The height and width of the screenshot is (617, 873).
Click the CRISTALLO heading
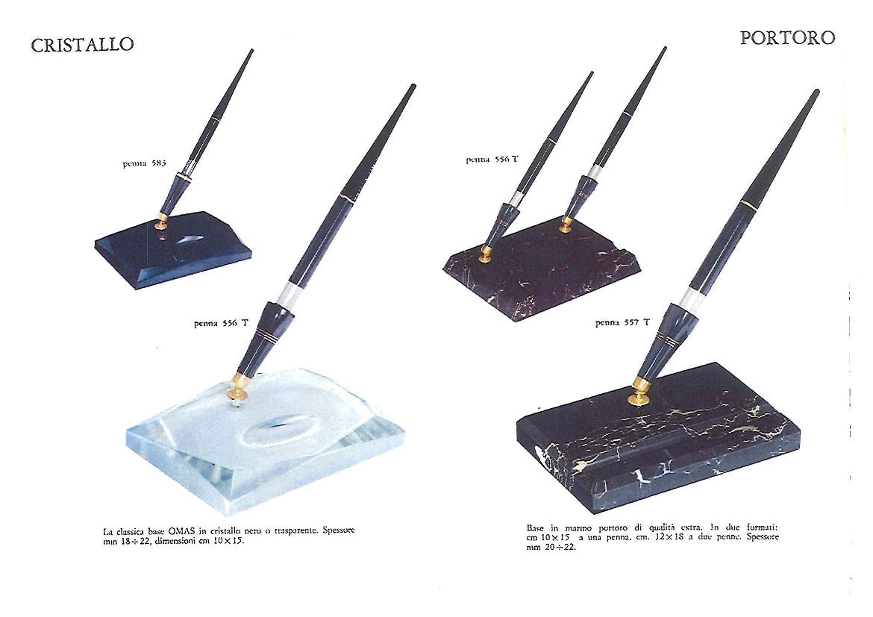point(82,45)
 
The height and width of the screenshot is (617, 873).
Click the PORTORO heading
point(787,38)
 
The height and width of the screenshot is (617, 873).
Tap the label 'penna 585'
point(144,163)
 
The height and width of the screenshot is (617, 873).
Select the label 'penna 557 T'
point(622,322)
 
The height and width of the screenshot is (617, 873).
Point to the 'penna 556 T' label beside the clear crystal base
point(221,324)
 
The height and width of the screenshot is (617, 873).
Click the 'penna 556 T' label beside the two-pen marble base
point(492,160)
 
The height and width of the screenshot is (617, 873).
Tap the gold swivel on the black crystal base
point(162,221)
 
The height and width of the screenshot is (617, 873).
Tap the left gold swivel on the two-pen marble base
point(485,254)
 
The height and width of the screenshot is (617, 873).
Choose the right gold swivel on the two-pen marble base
point(565,224)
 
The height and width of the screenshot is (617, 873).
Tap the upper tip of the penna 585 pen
point(251,51)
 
